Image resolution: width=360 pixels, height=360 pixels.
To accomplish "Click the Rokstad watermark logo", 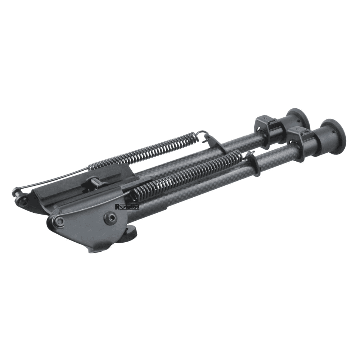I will (127, 206).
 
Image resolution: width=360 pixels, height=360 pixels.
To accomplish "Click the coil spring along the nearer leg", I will (187, 173).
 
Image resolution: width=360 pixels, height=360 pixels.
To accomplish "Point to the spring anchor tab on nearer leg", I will (255, 164).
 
